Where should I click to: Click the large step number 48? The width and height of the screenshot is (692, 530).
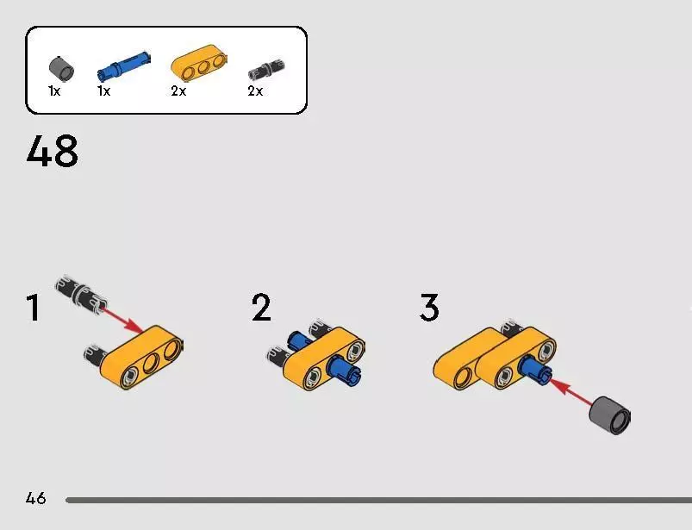coord(52,151)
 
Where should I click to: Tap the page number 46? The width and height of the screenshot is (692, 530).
coord(35,498)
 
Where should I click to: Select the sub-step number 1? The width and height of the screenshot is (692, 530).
coord(34,308)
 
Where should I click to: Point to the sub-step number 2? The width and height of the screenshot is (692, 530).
coord(261,307)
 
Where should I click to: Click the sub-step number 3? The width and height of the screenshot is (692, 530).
coord(429,307)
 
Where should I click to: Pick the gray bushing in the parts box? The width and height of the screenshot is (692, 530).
coord(61,69)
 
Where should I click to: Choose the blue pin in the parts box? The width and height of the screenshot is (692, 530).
coord(123,66)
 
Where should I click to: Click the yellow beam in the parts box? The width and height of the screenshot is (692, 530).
coord(199,63)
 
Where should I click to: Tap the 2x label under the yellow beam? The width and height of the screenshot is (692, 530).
coord(178,90)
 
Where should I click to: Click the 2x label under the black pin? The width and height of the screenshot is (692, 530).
coord(255,90)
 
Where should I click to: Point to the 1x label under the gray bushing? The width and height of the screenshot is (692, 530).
coord(54,90)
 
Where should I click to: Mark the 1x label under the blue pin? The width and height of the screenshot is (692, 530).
coord(103,90)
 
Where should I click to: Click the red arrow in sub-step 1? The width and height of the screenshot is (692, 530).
coord(122,321)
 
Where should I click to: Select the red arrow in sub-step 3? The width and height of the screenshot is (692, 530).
coord(570,390)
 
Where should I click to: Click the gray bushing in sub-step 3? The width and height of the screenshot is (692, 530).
coord(610,415)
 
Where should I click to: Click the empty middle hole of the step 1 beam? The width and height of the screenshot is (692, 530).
coord(151,363)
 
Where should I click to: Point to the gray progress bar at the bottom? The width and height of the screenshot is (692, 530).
coord(378,500)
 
